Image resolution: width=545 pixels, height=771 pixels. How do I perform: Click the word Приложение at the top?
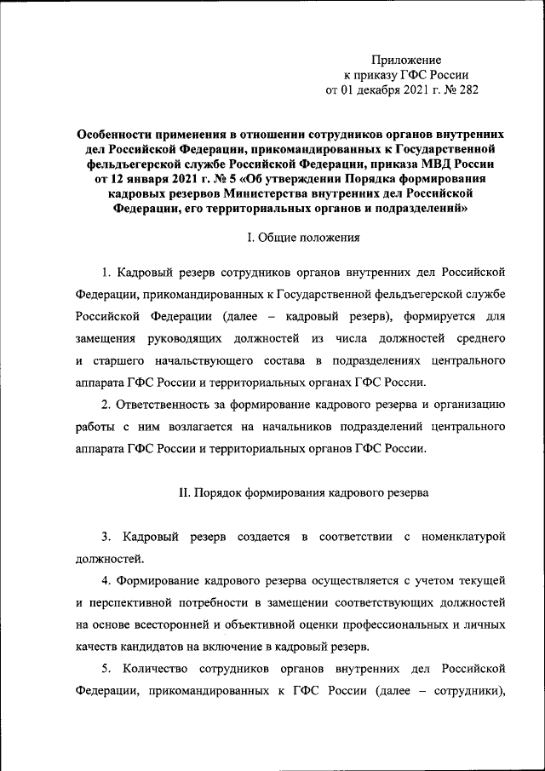pyautogui.click(x=406, y=60)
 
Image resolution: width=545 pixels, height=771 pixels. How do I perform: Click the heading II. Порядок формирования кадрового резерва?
pyautogui.click(x=303, y=492)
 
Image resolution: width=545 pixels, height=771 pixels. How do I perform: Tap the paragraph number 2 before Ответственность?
pyautogui.click(x=106, y=403)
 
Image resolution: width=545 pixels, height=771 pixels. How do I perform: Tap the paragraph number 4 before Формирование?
pyautogui.click(x=106, y=581)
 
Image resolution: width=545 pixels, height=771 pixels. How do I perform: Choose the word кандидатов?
pyautogui.click(x=147, y=646)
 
